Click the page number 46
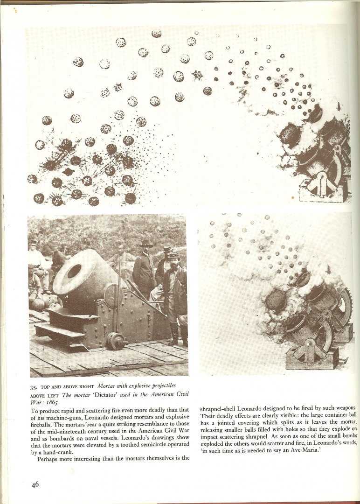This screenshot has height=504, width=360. click(35, 484)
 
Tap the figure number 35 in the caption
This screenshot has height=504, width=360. click(34, 387)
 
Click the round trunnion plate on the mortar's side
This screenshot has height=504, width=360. click(112, 296)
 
